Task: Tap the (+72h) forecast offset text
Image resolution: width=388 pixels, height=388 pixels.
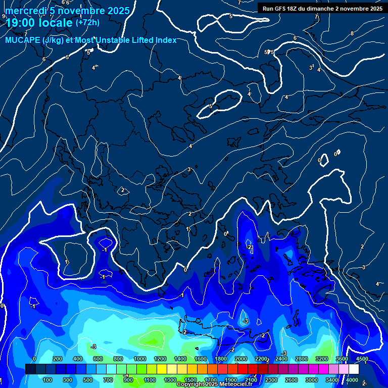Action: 87,22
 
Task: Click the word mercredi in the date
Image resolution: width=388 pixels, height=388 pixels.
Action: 25,11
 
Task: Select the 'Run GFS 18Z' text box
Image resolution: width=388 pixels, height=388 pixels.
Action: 322,8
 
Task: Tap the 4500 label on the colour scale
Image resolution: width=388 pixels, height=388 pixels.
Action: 361,359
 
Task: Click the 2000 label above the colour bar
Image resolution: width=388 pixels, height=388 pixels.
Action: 241,359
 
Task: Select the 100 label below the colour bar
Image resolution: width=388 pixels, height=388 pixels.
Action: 48,380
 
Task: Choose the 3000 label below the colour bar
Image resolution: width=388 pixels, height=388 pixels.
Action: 311,380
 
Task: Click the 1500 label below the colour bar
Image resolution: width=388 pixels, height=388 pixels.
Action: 190,380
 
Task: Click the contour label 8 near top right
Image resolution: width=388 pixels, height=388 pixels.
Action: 352,33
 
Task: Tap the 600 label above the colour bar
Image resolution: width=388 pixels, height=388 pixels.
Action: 98,359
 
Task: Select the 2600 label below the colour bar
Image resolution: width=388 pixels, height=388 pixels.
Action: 291,380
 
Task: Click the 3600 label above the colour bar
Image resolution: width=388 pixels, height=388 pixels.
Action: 342,359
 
